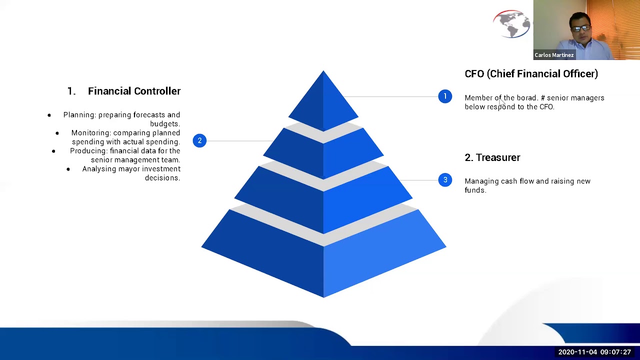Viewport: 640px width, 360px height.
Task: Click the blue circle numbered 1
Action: [x=445, y=96]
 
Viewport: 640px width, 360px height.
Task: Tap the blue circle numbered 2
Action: [x=199, y=140]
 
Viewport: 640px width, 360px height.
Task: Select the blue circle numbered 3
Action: [x=445, y=180]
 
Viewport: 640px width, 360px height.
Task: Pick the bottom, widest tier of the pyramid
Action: [x=323, y=255]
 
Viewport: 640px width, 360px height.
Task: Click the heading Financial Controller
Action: [x=134, y=91]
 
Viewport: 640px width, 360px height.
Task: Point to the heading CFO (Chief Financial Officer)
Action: [x=531, y=74]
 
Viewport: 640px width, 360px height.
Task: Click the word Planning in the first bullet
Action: [x=79, y=115]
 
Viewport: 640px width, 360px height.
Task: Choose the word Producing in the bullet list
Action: [x=88, y=151]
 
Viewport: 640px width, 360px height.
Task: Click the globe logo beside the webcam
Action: [x=511, y=23]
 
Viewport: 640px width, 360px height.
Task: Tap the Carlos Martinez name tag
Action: [x=553, y=55]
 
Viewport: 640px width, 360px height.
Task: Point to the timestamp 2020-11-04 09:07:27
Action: [x=594, y=352]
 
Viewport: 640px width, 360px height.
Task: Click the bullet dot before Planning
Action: [x=49, y=115]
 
